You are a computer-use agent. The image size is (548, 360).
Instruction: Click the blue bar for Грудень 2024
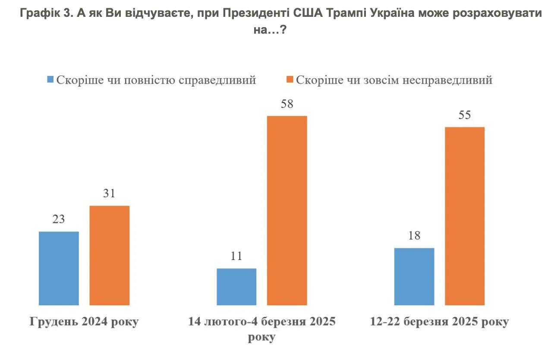pyautogui.click(x=59, y=268)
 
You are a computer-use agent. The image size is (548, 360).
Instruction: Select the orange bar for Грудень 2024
pyautogui.click(x=109, y=255)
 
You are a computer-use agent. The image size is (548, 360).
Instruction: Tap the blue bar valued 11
pyautogui.click(x=236, y=287)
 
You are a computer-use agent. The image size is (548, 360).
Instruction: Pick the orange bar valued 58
pyautogui.click(x=287, y=210)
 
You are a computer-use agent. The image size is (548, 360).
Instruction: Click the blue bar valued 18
pyautogui.click(x=414, y=276)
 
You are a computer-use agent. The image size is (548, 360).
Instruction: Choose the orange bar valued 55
pyautogui.click(x=465, y=216)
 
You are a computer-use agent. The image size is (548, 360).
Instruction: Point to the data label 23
pyautogui.click(x=59, y=219)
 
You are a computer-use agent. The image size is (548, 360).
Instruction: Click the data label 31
pyautogui.click(x=109, y=194)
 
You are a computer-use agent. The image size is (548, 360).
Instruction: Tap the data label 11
pyautogui.click(x=236, y=256)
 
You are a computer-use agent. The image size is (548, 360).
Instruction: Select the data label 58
pyautogui.click(x=287, y=104)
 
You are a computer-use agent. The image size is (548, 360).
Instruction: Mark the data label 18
pyautogui.click(x=414, y=236)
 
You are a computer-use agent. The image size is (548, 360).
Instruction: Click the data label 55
pyautogui.click(x=465, y=115)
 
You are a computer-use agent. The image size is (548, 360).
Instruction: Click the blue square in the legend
pyautogui.click(x=50, y=80)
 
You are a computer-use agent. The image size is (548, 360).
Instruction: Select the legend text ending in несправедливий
pyautogui.click(x=394, y=80)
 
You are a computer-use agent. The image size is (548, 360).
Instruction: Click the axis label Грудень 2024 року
pyautogui.click(x=84, y=322)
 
